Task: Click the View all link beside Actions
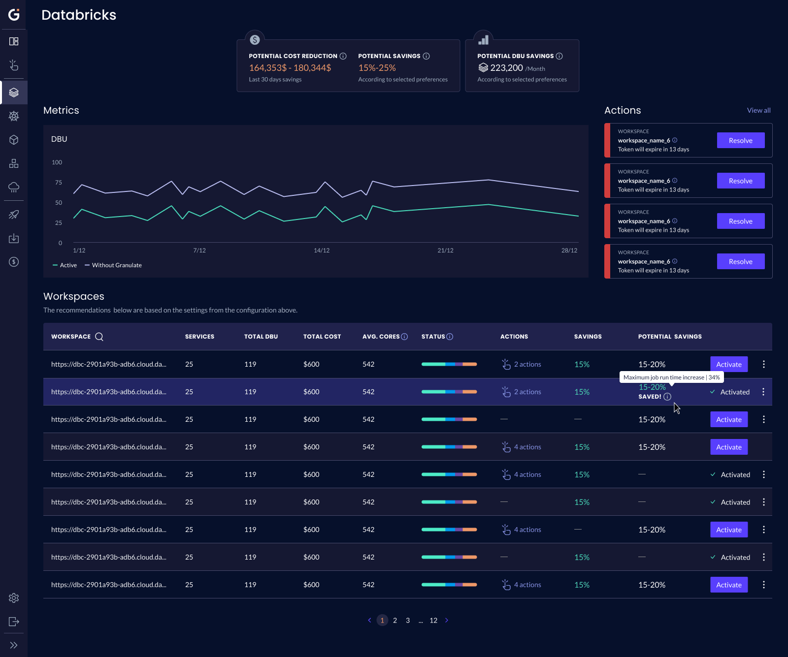pyautogui.click(x=758, y=110)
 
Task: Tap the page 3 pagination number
pyautogui.click(x=408, y=620)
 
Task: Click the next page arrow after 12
pyautogui.click(x=447, y=620)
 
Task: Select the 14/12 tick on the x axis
pyautogui.click(x=322, y=250)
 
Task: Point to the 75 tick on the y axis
pyautogui.click(x=59, y=183)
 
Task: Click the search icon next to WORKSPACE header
pyautogui.click(x=99, y=337)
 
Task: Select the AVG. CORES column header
pyautogui.click(x=381, y=337)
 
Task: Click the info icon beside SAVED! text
pyautogui.click(x=667, y=397)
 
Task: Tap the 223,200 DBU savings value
pyautogui.click(x=506, y=68)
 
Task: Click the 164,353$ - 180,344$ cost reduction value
pyautogui.click(x=290, y=68)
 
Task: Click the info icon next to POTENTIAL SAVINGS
pyautogui.click(x=427, y=56)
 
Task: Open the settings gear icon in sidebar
pyautogui.click(x=14, y=598)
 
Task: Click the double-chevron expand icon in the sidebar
pyautogui.click(x=14, y=645)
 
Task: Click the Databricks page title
pyautogui.click(x=79, y=15)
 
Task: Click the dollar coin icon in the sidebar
pyautogui.click(x=14, y=262)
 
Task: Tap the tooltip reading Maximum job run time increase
pyautogui.click(x=671, y=377)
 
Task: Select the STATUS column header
pyautogui.click(x=433, y=337)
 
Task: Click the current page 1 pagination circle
pyautogui.click(x=382, y=620)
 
